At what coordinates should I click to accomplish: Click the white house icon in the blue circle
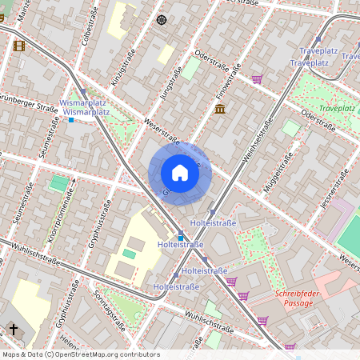180,173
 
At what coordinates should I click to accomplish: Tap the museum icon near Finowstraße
220,109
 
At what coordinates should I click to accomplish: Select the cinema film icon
19,45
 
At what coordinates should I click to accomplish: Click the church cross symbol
13,329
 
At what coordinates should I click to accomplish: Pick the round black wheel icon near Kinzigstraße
161,19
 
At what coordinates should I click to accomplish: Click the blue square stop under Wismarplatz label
70,120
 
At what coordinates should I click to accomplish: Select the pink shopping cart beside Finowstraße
257,79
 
